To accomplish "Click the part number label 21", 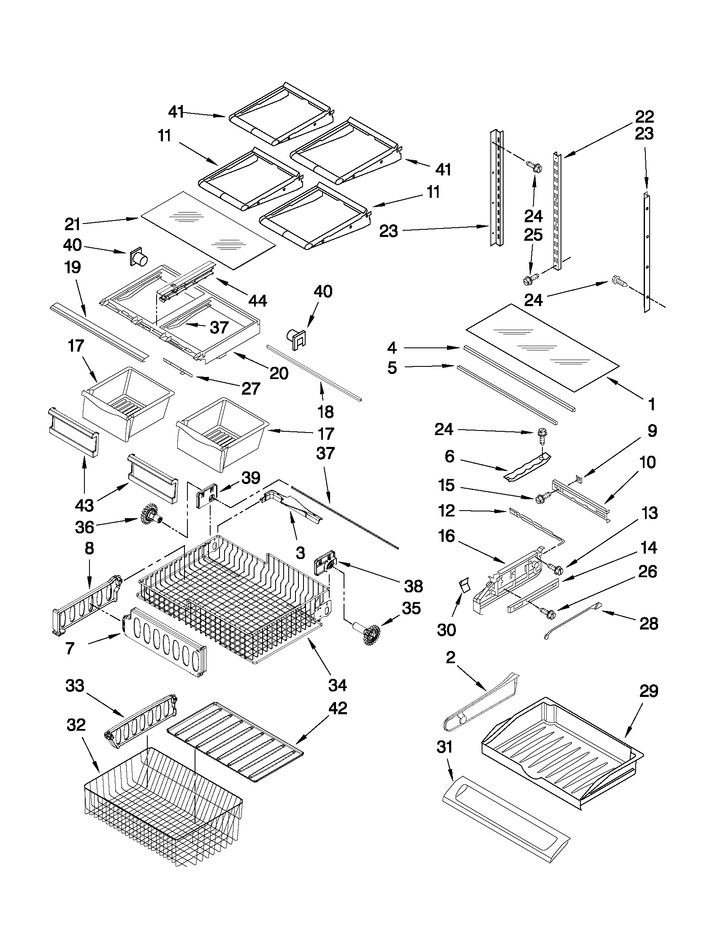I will (x=72, y=223).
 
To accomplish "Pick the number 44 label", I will (x=258, y=301).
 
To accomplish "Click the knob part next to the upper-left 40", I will (x=138, y=257).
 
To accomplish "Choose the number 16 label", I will (x=447, y=536).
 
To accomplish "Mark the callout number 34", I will (x=338, y=685).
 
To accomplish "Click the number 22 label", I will (x=645, y=116).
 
